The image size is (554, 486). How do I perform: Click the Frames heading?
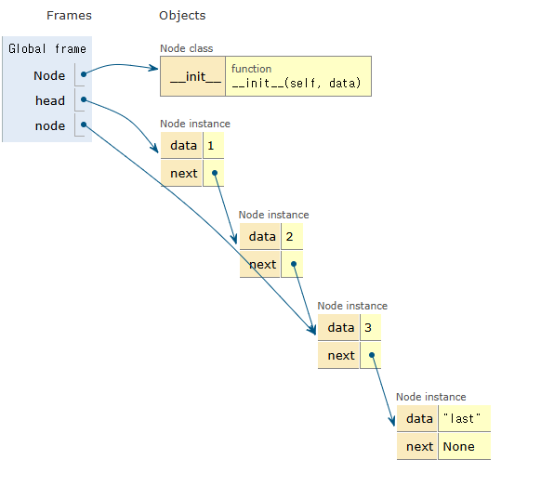(x=69, y=15)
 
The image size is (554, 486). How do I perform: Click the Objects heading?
(x=182, y=15)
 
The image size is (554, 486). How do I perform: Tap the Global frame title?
(x=47, y=48)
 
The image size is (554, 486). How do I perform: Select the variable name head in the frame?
(x=50, y=100)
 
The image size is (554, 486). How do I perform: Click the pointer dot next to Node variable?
(x=84, y=74)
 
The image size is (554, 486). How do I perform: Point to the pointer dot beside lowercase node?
(x=84, y=125)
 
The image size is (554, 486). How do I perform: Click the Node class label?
(x=187, y=48)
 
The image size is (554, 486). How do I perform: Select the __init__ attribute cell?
(x=193, y=76)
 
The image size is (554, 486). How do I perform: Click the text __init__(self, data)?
(x=297, y=84)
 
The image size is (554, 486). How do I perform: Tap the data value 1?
(x=211, y=146)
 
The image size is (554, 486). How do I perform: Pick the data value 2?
(x=289, y=237)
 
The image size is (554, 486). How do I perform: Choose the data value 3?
(x=368, y=328)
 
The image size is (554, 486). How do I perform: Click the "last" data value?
(x=462, y=418)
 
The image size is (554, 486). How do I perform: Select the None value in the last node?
(x=458, y=447)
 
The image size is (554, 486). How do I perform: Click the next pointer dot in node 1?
(x=215, y=173)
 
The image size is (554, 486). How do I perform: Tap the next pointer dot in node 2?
(x=293, y=264)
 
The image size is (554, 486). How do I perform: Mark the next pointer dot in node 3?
(x=372, y=355)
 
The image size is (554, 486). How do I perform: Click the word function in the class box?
(x=251, y=69)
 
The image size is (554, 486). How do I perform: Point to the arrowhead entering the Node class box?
(x=154, y=68)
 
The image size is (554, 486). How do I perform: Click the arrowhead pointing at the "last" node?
(x=392, y=421)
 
